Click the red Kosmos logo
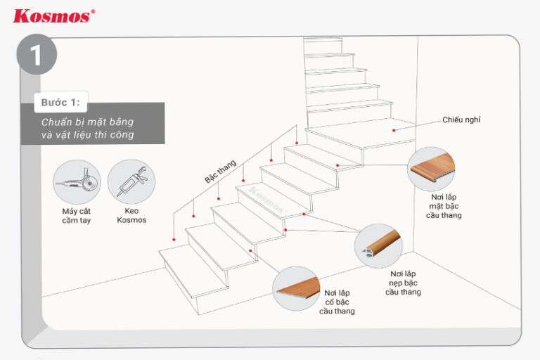pyautogui.click(x=51, y=15)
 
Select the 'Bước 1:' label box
pyautogui.click(x=60, y=103)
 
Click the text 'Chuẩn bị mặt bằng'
pyautogui.click(x=86, y=122)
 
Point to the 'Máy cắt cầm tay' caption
pyautogui.click(x=77, y=215)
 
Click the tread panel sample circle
pyautogui.click(x=431, y=169)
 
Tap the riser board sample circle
pyautogui.click(x=296, y=289)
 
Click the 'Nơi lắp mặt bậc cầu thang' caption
pyautogui.click(x=446, y=207)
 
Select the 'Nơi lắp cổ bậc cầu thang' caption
pyautogui.click(x=337, y=301)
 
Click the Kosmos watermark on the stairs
pyautogui.click(x=266, y=198)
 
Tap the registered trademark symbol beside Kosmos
pyautogui.click(x=93, y=11)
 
